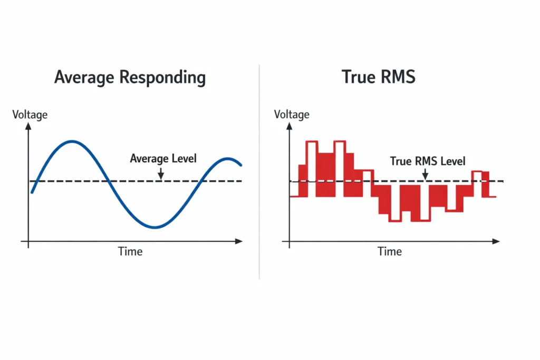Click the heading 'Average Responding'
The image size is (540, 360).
tap(130, 77)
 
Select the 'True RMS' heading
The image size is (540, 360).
tap(378, 77)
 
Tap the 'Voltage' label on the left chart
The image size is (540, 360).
tap(30, 114)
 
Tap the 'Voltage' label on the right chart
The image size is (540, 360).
tap(292, 114)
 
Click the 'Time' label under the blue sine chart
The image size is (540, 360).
tap(130, 251)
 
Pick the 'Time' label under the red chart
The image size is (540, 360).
tap(390, 251)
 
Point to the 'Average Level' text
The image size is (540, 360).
tap(163, 158)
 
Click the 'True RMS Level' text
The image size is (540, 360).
tap(428, 161)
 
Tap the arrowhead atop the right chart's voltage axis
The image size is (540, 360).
tap(290, 127)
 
